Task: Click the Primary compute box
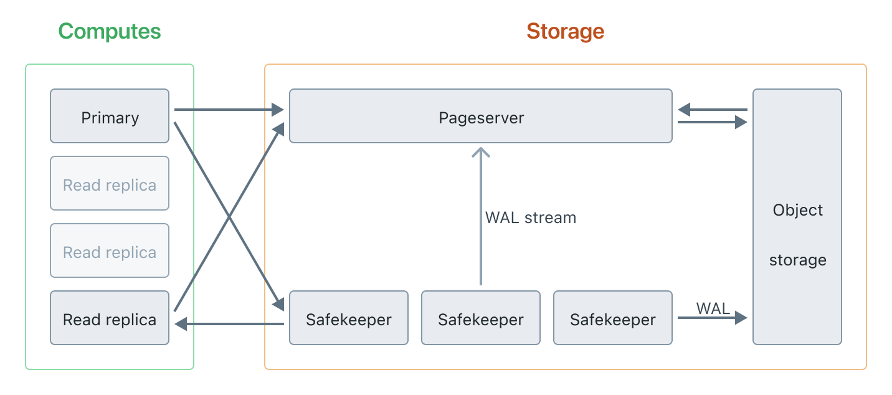(x=110, y=117)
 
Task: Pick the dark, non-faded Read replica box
(x=110, y=318)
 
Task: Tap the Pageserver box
(x=481, y=117)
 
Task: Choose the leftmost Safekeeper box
(x=349, y=318)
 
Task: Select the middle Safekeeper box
(x=481, y=318)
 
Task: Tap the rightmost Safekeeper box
(x=613, y=318)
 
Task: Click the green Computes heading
(x=110, y=31)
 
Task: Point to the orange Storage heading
(x=565, y=31)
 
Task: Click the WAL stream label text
(x=531, y=218)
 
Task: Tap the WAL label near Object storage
(x=713, y=308)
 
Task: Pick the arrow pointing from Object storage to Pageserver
(x=712, y=110)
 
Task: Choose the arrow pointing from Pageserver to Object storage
(x=712, y=123)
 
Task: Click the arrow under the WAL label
(x=712, y=318)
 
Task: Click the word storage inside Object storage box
(x=797, y=260)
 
